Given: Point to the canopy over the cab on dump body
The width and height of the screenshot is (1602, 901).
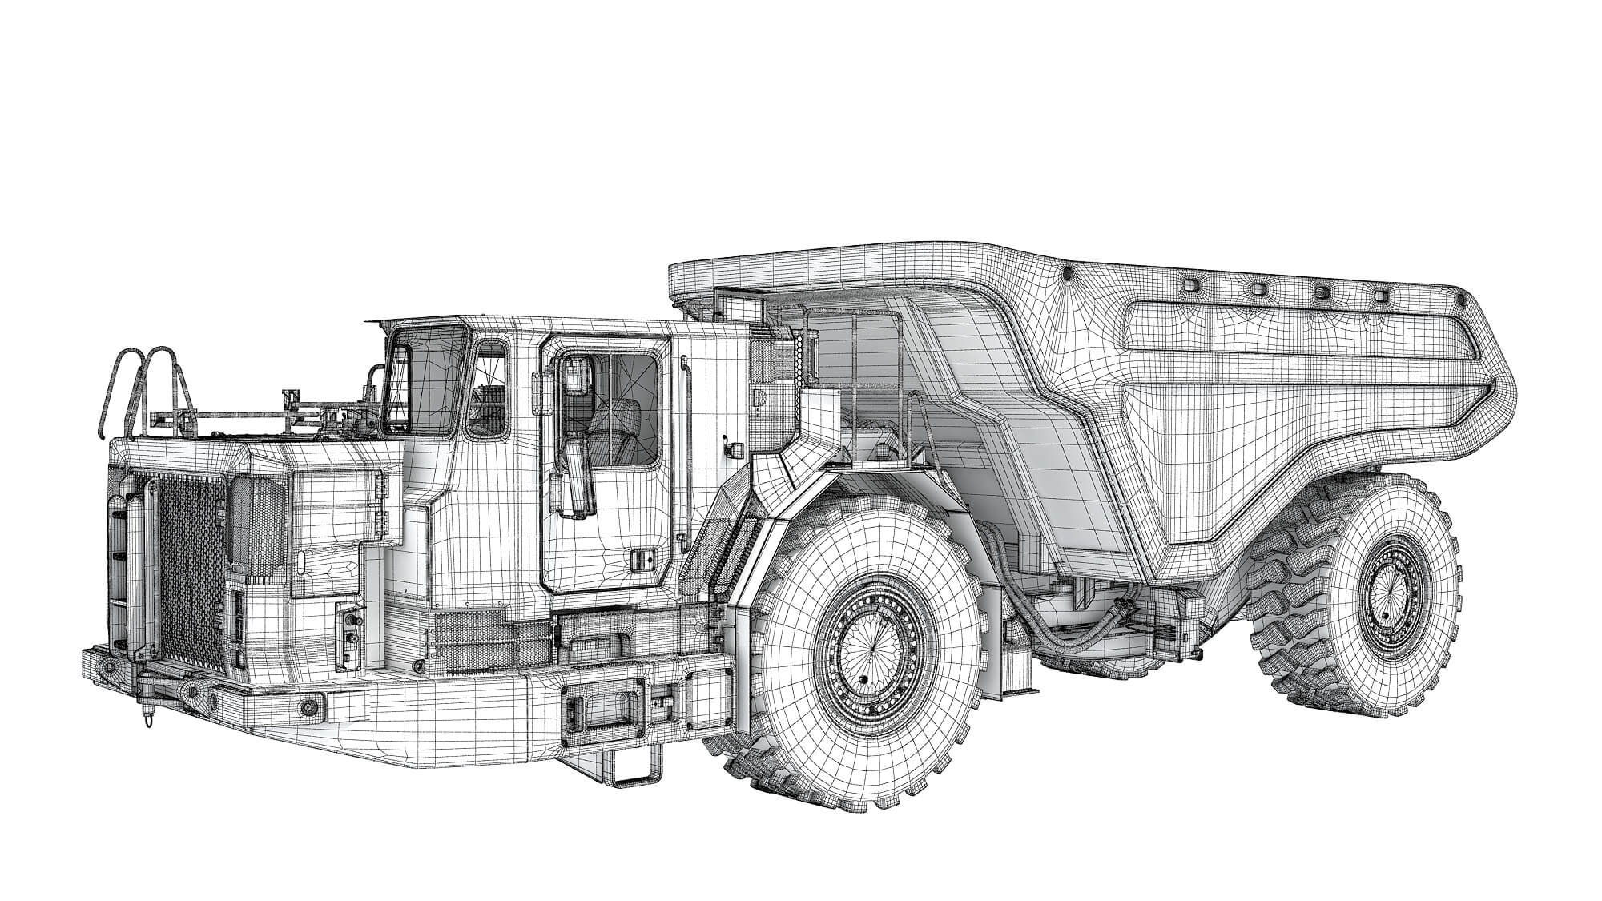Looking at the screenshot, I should [x=801, y=272].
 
